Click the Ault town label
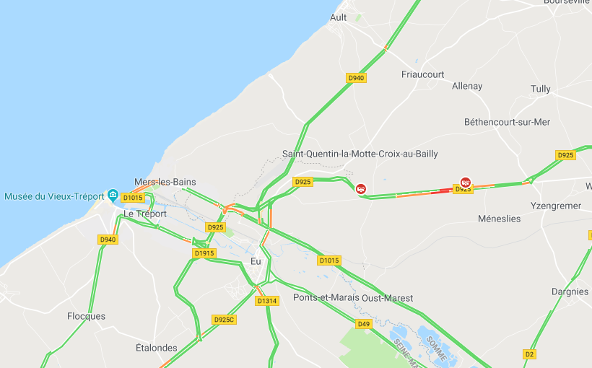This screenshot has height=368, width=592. coord(338,17)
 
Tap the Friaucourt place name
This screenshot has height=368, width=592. coord(422,74)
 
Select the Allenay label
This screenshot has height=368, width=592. coord(466,86)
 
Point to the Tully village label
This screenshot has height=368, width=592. coord(540,89)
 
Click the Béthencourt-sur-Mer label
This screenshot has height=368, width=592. coord(507,122)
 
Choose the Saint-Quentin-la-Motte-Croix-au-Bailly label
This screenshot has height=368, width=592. coord(360,154)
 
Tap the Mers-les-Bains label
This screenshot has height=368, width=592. coord(165,182)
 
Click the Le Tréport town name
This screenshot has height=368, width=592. coord(145,214)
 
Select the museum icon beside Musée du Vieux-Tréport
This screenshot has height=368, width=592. coord(113,196)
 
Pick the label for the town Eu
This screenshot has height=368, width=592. coord(256,261)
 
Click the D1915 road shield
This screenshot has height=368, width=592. coord(204,253)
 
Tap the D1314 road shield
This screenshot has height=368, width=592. coord(266,301)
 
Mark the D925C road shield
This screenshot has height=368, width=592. coord(224,319)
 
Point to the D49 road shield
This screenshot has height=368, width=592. coord(363,324)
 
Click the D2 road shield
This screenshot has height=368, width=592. coord(530,354)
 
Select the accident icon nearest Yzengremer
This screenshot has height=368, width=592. coord(466,183)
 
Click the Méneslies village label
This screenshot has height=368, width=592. coord(499,219)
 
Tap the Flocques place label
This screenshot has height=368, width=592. coord(86,316)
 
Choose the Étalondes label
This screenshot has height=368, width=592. coord(156,348)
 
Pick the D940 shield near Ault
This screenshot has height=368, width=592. coord(356,78)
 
